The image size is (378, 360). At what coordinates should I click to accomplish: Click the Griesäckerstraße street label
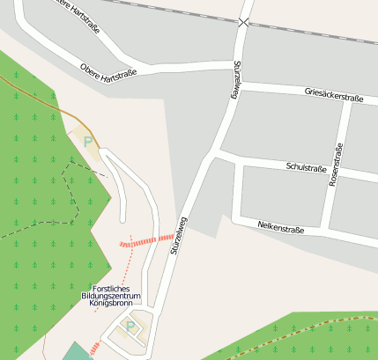[x=333, y=94]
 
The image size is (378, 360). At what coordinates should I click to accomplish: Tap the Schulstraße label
[x=307, y=168]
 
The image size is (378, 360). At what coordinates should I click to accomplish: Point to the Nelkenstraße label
[x=281, y=228]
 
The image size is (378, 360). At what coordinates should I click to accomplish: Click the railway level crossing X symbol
[x=243, y=22]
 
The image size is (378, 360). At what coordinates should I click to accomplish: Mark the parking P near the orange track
[x=87, y=140]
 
